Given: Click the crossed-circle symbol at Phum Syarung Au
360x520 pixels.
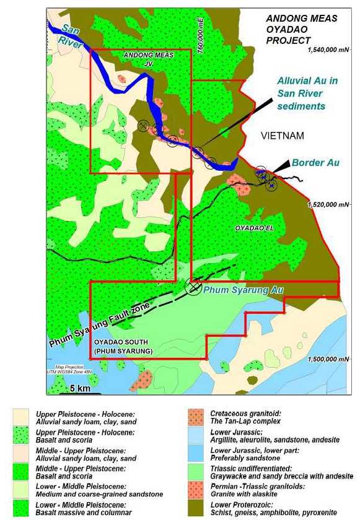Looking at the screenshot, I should (194, 285).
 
